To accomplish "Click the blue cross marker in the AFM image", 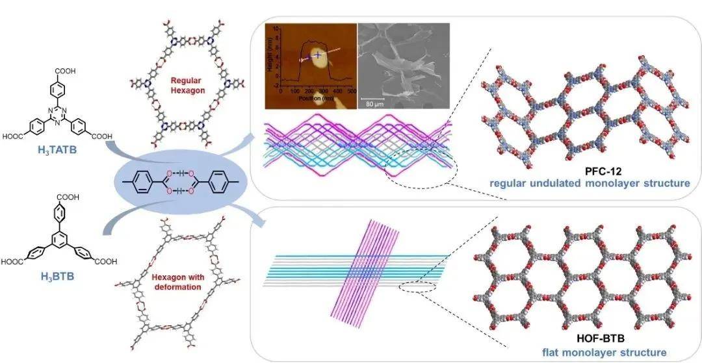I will pyautogui.click(x=318, y=56).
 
